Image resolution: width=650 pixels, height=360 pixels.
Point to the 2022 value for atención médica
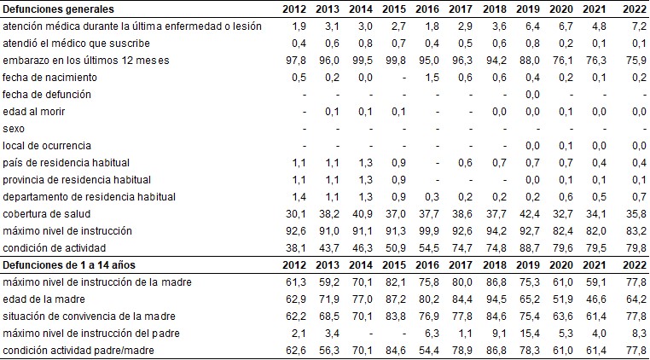tap(632, 26)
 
